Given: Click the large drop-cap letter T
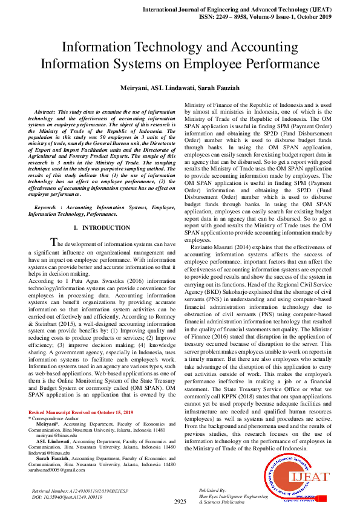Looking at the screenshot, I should click(54, 242).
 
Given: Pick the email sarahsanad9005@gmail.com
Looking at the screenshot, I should click(59, 469).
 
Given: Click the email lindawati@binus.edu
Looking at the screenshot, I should click(56, 452).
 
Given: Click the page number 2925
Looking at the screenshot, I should click(180, 502).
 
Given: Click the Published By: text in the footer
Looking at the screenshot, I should click(212, 490).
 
